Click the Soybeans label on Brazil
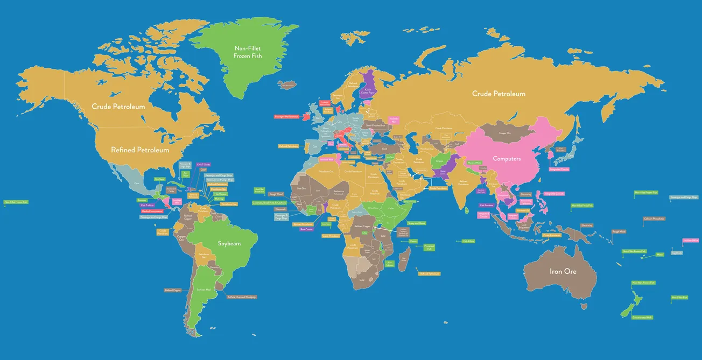[229, 243]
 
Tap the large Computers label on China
[507, 159]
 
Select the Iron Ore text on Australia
[563, 271]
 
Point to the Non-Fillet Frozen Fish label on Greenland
[248, 52]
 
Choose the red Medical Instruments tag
[152, 211]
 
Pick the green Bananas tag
[142, 200]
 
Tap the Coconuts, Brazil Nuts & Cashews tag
[270, 203]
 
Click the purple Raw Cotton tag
[306, 229]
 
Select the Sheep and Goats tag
[417, 223]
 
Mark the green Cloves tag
[413, 241]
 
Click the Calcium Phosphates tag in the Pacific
[654, 218]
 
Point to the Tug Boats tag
[677, 252]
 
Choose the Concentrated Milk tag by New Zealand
[642, 317]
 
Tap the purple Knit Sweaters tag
[487, 205]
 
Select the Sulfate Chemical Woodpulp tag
[242, 297]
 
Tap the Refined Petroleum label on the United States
[140, 150]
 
